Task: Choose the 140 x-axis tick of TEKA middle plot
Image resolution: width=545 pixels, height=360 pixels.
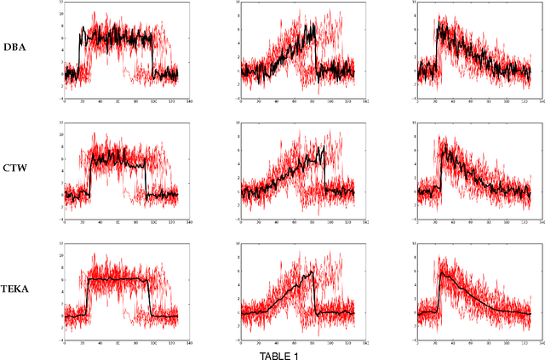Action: coord(365,346)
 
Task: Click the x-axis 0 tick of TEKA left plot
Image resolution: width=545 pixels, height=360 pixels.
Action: coord(65,346)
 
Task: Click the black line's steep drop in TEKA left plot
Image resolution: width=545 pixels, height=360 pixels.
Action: coord(149,298)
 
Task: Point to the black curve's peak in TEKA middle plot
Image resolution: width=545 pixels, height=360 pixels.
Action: coord(313,273)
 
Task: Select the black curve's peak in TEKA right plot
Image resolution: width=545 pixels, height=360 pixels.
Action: coord(440,273)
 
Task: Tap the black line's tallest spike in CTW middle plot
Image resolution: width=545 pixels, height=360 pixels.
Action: coord(322,146)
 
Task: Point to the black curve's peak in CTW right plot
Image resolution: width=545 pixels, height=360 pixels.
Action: coord(443,146)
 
